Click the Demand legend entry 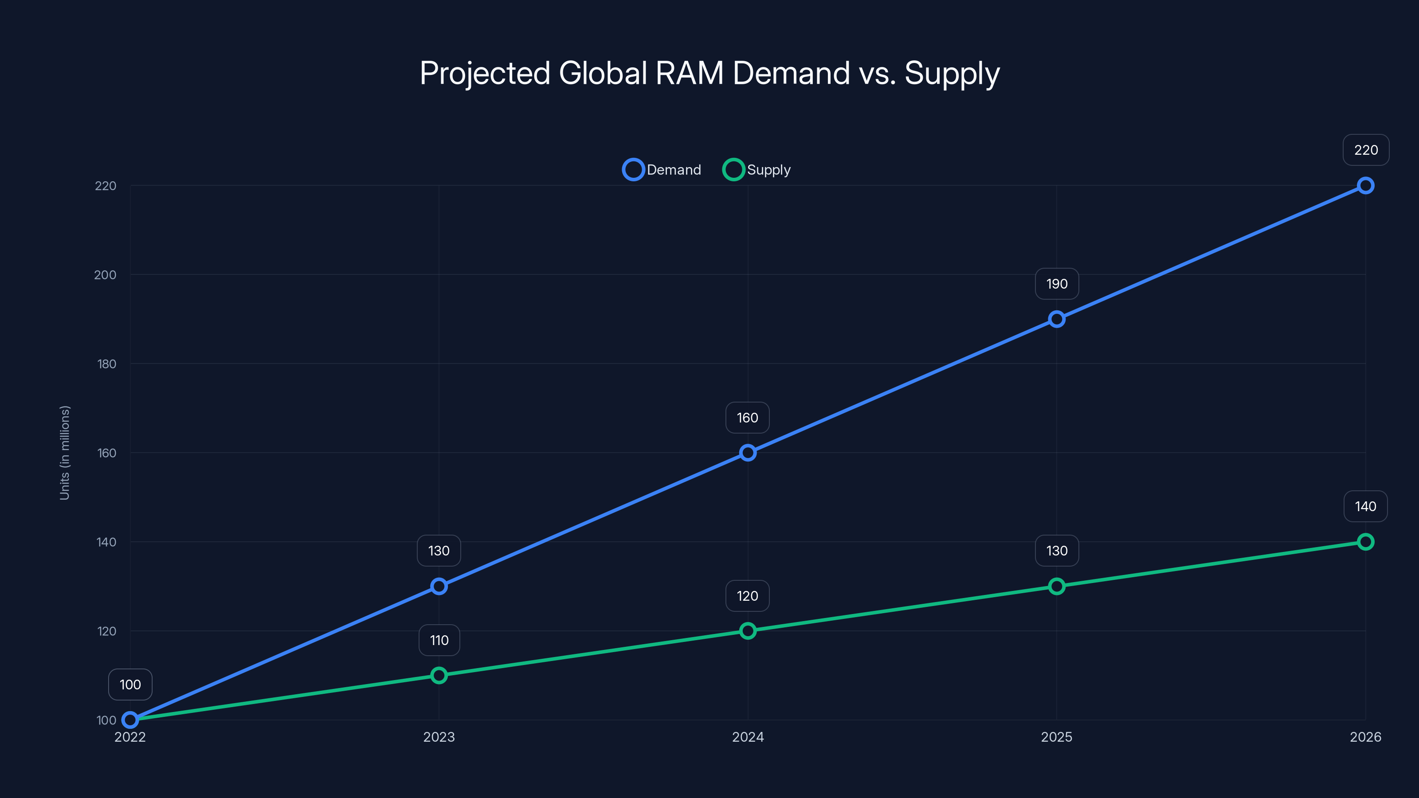(662, 170)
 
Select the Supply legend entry (757, 170)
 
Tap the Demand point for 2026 (1365, 186)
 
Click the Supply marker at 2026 (1365, 542)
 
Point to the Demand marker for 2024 (748, 453)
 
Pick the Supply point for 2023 (439, 675)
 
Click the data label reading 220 (1366, 150)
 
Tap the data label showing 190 (1057, 284)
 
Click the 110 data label (439, 640)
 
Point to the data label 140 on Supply (1365, 506)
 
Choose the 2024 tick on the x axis (748, 737)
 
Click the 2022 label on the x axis (130, 737)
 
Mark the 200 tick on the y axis (105, 275)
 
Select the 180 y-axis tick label (107, 364)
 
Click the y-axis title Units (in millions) (64, 453)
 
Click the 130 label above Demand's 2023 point (439, 551)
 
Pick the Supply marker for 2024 (748, 630)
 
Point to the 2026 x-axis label (1365, 737)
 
